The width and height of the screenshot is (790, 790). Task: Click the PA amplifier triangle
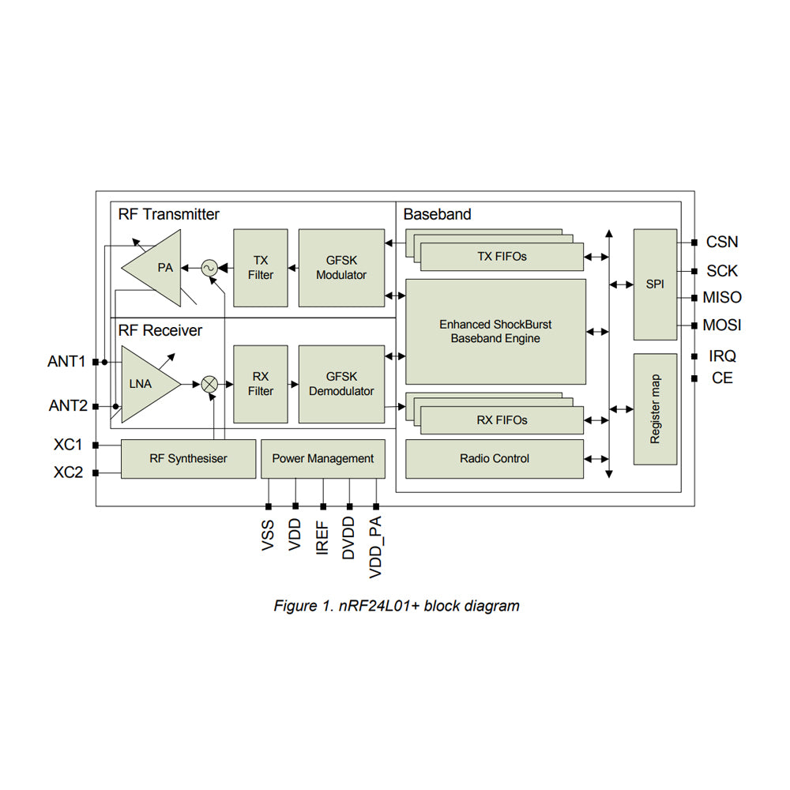pos(158,268)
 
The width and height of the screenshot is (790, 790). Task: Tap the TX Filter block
pos(261,268)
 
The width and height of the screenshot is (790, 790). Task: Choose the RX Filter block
pos(261,384)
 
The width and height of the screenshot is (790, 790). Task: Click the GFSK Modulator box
pos(341,268)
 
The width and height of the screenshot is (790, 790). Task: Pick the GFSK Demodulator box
pos(341,384)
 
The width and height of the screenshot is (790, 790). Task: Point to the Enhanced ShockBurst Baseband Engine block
pos(495,331)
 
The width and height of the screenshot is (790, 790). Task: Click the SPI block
pos(655,284)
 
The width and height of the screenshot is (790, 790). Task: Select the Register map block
pos(655,409)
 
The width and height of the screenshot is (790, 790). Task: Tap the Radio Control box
pos(495,458)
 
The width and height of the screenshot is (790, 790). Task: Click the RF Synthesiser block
pos(188,458)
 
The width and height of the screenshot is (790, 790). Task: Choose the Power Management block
pos(322,458)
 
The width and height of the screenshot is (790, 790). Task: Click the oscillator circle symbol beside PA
pos(209,268)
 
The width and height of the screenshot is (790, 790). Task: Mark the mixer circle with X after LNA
pos(209,384)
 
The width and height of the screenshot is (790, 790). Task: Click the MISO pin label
pos(722,298)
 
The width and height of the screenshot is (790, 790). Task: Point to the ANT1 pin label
pos(66,362)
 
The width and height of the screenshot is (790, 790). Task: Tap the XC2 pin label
pos(68,473)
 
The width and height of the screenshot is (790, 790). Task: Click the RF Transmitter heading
pos(169,214)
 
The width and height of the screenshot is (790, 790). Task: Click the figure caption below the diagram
pos(397,606)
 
